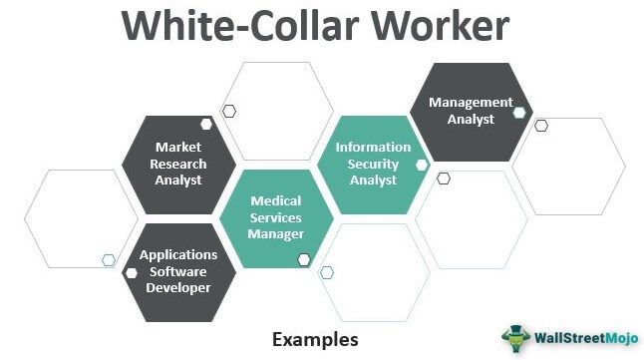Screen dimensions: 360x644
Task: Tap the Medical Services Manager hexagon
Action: (x=275, y=216)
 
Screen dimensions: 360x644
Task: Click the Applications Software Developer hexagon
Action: (x=179, y=271)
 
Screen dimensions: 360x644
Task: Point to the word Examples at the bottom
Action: (x=315, y=339)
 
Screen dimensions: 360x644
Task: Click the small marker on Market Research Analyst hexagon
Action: (x=206, y=125)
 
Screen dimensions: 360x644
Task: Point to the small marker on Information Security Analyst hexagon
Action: (x=422, y=164)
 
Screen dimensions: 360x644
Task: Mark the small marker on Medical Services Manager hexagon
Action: (x=304, y=259)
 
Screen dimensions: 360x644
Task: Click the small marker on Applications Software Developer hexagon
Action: (x=132, y=271)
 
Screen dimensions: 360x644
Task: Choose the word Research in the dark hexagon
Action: (x=179, y=164)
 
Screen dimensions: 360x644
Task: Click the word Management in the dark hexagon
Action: (x=471, y=102)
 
